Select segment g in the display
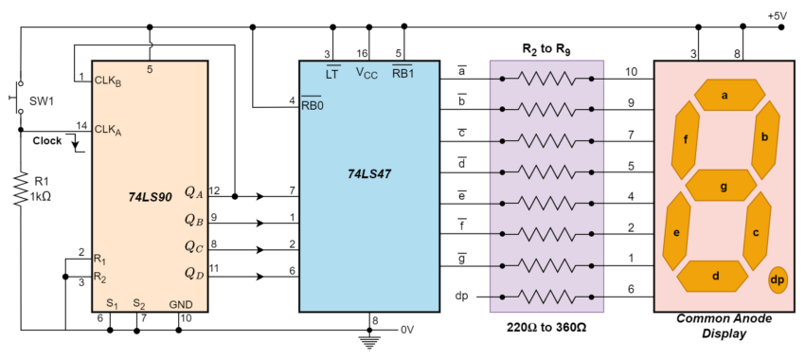pos(724,186)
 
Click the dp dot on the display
pos(777,279)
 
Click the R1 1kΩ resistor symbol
pos(20,189)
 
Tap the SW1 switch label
pos(42,99)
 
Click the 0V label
pos(407,330)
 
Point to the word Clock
pos(47,140)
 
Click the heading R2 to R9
pos(548,47)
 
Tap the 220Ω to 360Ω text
pos(547,327)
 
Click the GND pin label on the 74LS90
pos(180,304)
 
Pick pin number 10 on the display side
pos(632,71)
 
